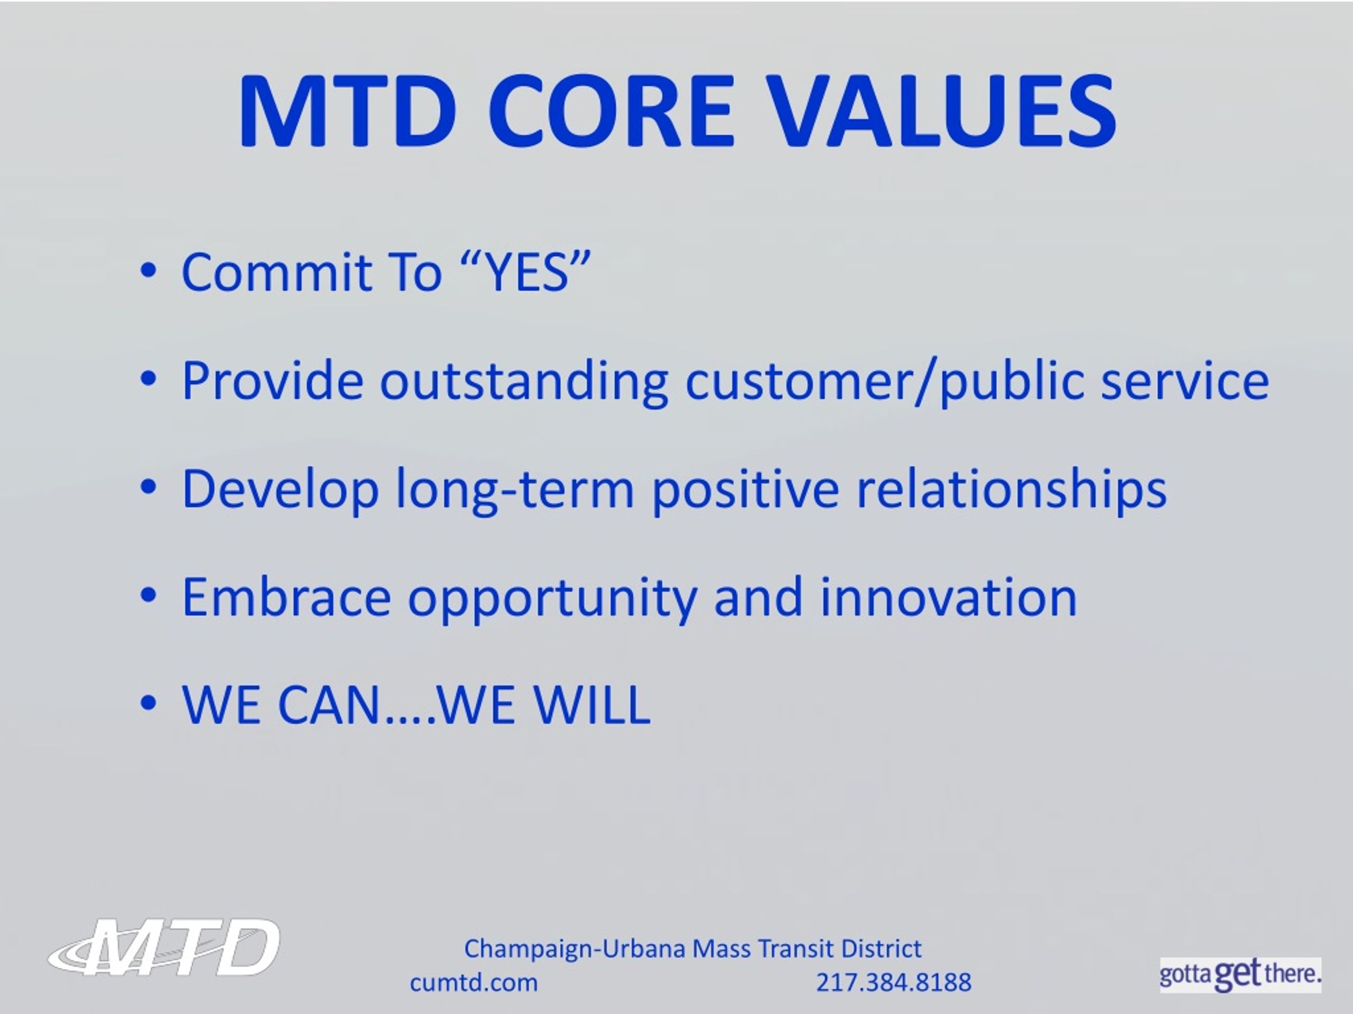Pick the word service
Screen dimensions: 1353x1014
1185,381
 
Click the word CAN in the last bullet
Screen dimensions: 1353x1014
330,705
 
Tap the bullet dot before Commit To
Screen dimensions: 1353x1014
148,271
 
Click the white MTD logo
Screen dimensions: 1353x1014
164,947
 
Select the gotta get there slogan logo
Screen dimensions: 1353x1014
1240,974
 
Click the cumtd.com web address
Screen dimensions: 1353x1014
474,983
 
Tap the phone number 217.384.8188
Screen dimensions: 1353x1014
894,983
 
